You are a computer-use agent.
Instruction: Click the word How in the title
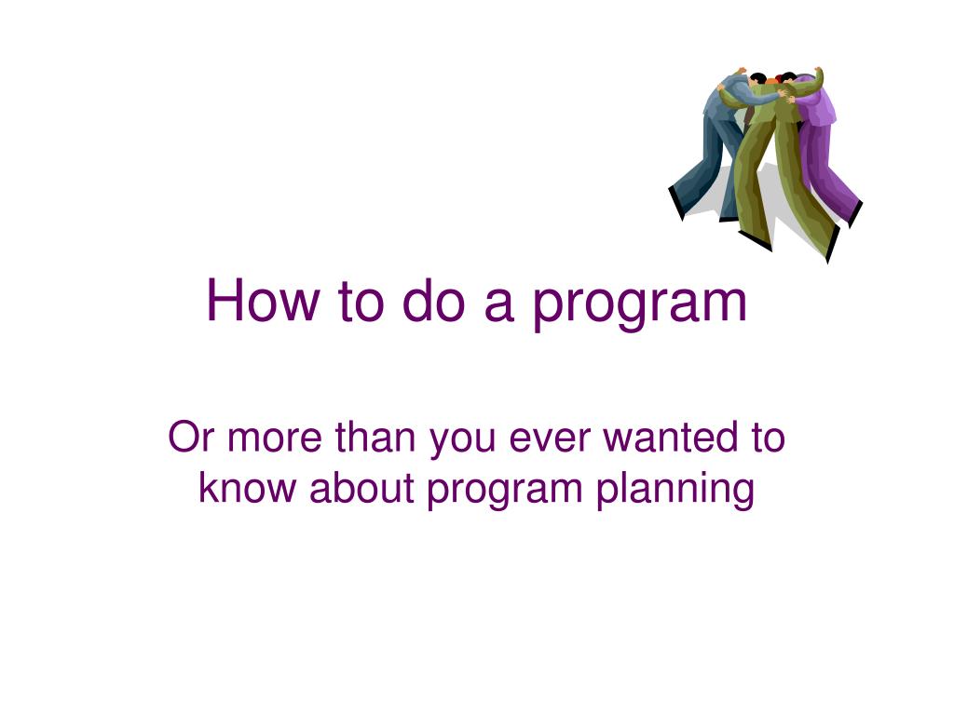coord(262,300)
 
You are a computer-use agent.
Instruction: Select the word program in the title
coord(639,304)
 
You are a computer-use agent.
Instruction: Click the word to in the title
coord(361,301)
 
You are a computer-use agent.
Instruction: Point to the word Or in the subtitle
coord(190,438)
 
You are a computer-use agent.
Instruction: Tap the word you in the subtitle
coord(462,442)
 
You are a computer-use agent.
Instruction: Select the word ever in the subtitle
coord(550,439)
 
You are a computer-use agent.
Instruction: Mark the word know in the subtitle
coord(247,487)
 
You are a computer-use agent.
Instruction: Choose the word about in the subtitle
coord(361,487)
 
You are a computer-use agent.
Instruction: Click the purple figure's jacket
coord(816,102)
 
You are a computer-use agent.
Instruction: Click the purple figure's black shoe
coord(855,214)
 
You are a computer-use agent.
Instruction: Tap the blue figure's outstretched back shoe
coord(676,203)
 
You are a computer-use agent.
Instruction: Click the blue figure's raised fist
coord(741,71)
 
